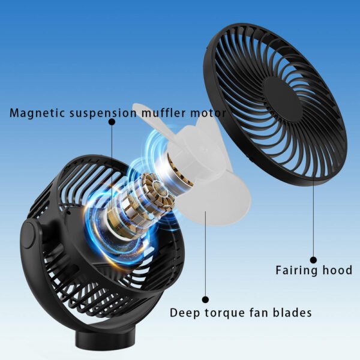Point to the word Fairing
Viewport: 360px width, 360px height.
click(297, 270)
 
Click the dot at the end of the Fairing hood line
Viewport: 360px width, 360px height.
click(313, 254)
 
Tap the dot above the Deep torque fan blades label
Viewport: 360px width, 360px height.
click(206, 298)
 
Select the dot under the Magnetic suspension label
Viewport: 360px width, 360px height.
click(112, 122)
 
